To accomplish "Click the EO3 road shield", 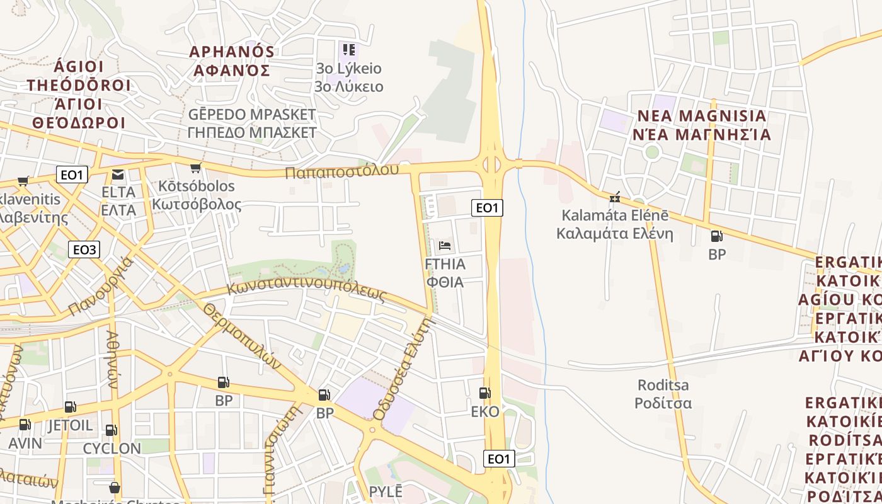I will [x=84, y=250].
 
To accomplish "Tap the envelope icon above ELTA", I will [x=118, y=175].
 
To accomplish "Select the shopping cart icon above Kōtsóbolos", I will [x=195, y=168].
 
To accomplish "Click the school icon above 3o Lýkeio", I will [x=348, y=49].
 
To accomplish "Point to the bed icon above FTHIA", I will [x=445, y=245].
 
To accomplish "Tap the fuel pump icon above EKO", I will [x=484, y=393].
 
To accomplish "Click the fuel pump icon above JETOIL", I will [x=70, y=407].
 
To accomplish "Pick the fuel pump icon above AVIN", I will [x=25, y=425].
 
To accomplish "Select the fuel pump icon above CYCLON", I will [x=111, y=430].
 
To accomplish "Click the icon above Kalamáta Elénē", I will [x=615, y=197].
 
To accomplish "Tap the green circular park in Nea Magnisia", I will [x=652, y=152].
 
